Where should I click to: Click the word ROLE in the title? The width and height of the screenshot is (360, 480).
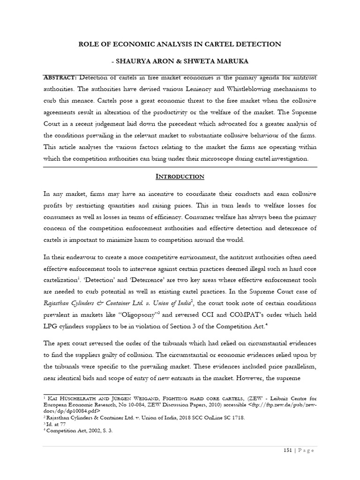click(88, 44)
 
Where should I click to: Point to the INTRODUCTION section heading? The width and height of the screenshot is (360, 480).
click(180, 176)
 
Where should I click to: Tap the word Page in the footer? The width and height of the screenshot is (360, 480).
click(305, 451)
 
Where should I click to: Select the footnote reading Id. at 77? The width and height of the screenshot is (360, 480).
click(54, 421)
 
